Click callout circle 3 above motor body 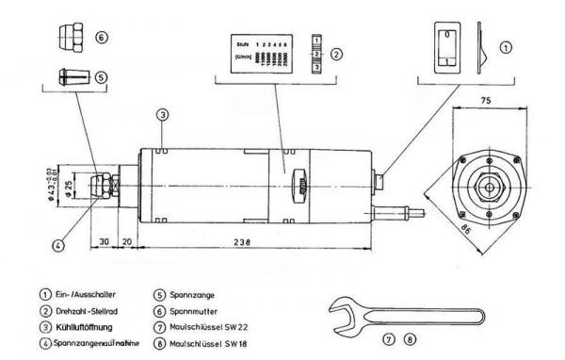(x=162, y=114)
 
